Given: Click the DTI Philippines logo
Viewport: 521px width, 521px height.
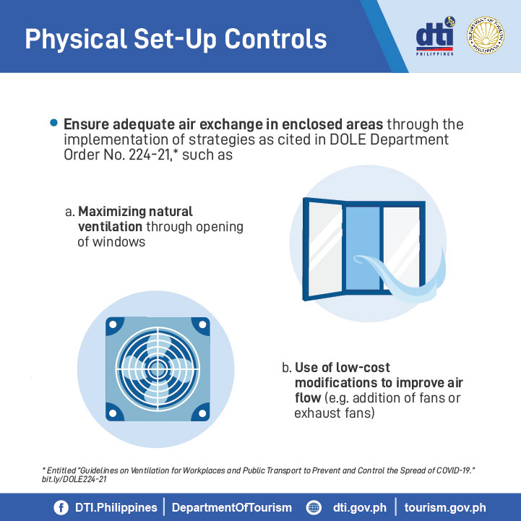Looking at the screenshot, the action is pos(435,36).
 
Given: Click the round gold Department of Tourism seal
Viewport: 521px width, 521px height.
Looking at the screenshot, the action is pos(485,35).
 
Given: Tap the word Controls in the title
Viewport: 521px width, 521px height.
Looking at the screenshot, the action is pos(276,39).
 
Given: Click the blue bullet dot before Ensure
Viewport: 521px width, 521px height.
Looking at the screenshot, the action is pos(53,123).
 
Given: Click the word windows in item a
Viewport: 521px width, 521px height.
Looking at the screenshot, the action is pos(119,242).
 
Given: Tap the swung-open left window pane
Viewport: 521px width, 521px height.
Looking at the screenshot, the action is pos(323,249).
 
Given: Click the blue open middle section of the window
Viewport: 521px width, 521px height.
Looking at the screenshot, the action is pos(363,248).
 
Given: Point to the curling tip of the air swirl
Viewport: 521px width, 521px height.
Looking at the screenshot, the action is pos(359,259).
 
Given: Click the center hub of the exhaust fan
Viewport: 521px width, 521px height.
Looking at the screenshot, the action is pos(158,369).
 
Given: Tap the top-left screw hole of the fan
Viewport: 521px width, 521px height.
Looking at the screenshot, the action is pos(113,324).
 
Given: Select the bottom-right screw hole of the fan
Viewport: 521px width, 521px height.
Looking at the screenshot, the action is pos(202,413).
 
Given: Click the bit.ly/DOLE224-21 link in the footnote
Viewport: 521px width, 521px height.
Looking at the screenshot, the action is pos(74,479).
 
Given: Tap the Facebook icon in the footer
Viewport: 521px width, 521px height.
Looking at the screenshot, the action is pos(61,508).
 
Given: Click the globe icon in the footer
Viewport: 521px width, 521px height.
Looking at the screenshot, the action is pos(314,508).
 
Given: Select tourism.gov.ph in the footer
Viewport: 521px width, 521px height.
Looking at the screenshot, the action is pos(445,508).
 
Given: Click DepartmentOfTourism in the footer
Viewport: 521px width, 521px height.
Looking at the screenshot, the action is pos(231,508).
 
